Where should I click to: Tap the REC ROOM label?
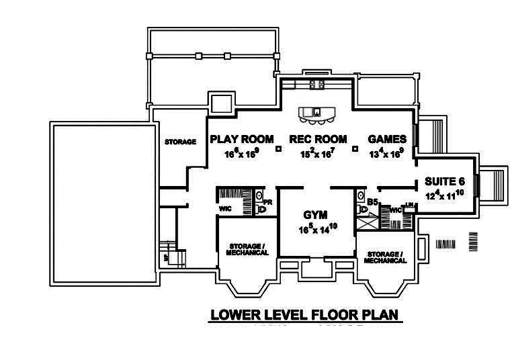point(318,139)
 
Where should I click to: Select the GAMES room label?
point(386,139)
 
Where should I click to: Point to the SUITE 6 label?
point(445,181)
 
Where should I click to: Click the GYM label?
point(314,216)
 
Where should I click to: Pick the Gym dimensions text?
point(317,229)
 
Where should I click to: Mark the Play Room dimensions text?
point(241,153)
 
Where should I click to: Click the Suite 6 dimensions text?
point(445,195)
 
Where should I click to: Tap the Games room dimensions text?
point(386,153)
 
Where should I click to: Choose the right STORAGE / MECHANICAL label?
point(386,257)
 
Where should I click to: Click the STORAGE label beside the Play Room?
point(180,142)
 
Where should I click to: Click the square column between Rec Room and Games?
point(355,148)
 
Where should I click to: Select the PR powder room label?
point(267,201)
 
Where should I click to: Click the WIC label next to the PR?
point(225,208)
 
